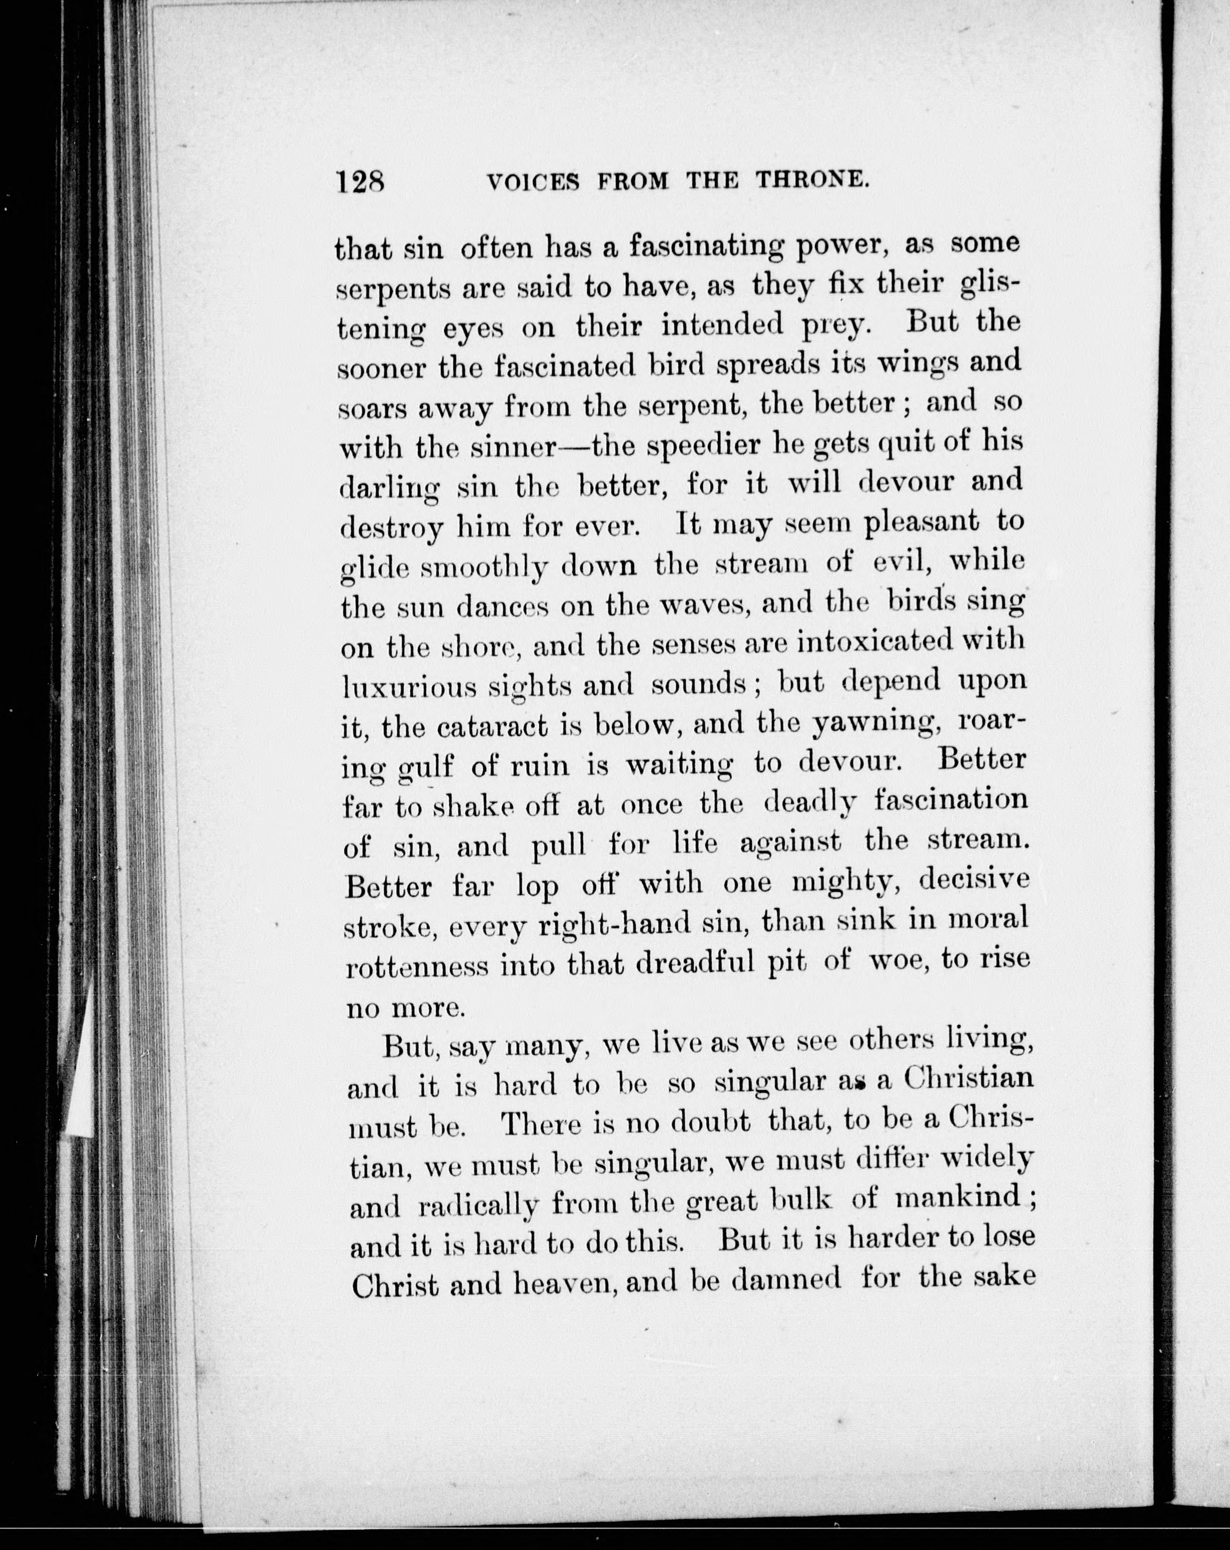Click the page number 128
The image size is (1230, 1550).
pyautogui.click(x=360, y=181)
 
